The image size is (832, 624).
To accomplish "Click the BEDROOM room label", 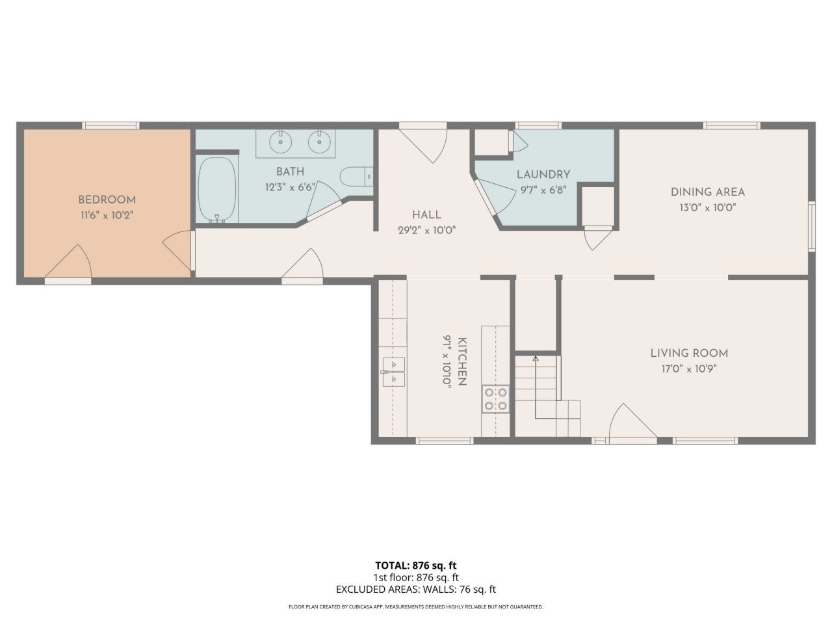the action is pos(107,200).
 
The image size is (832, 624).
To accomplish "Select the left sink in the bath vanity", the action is pos(281,142).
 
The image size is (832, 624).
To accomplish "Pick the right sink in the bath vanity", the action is pos(320,142).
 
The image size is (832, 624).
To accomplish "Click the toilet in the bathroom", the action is pos(356,177).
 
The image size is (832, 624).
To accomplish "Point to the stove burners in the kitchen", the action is pos(496,399).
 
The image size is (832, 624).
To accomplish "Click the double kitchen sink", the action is pos(394,372).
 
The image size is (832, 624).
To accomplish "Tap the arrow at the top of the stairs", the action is pos(535,358).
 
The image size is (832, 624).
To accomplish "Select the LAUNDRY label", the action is pos(543,174).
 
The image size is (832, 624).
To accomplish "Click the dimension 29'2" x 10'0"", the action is pos(426,230).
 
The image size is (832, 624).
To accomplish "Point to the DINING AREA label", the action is pos(708,192).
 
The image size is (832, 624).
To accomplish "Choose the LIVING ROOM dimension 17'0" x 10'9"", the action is pos(689,369).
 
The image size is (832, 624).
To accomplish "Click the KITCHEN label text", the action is pos(462,361).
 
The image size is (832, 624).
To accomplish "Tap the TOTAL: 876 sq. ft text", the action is pos(416,565).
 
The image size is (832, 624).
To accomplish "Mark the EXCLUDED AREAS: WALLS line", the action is pos(416,589).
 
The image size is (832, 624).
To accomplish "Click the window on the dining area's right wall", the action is pos(812,227).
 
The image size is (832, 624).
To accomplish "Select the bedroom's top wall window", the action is pos(110,125).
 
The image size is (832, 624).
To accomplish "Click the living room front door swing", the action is pos(632,422).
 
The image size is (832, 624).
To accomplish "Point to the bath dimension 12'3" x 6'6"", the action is pos(291,187).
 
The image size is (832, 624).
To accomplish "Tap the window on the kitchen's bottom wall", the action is pos(445,440).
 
